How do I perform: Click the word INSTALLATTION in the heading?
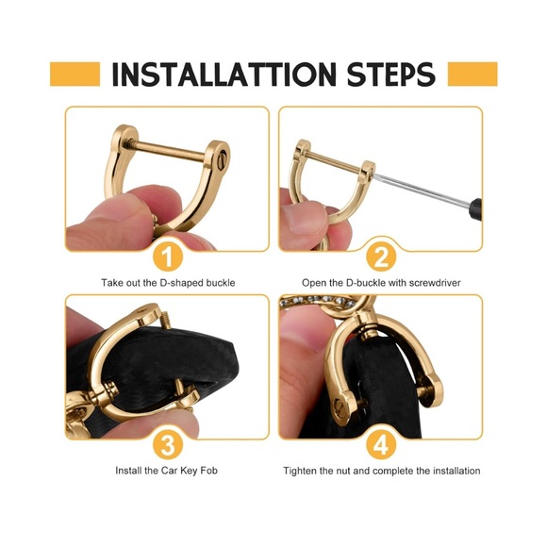tap(224, 75)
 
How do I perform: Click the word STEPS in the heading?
tap(391, 75)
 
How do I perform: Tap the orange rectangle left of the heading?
tap(75, 74)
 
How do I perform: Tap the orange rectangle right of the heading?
tap(472, 74)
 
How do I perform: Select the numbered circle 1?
tap(168, 257)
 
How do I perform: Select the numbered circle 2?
tap(381, 257)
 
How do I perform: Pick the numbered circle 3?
tap(168, 445)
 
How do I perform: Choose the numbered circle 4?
tap(381, 445)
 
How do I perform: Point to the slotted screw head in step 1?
tap(223, 163)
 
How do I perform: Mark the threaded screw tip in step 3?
tap(166, 317)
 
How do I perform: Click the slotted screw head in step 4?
tap(338, 405)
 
